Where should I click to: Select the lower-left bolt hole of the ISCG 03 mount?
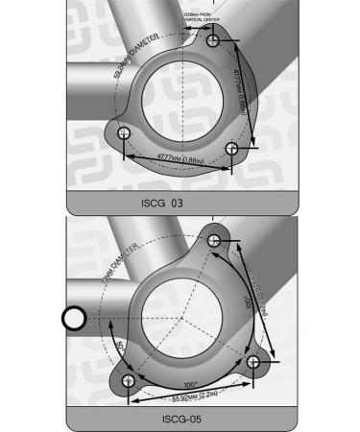pos(124,132)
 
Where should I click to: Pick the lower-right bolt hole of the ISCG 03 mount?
pos(230,145)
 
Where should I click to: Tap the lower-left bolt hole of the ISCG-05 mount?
pos(127,381)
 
